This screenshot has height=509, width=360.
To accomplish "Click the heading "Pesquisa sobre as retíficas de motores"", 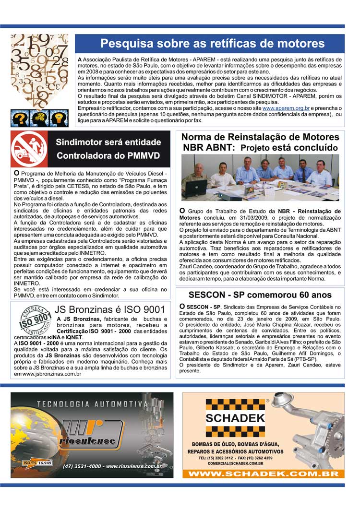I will tap(212, 44).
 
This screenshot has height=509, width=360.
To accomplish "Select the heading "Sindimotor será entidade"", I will tap(108, 142).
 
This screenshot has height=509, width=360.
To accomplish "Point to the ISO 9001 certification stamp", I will tap(34, 321).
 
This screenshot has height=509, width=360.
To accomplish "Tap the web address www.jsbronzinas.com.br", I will tap(52, 374).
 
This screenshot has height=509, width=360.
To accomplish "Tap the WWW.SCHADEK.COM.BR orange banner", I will tap(263, 473).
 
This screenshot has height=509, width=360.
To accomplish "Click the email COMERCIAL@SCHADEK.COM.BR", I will tap(235, 463).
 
